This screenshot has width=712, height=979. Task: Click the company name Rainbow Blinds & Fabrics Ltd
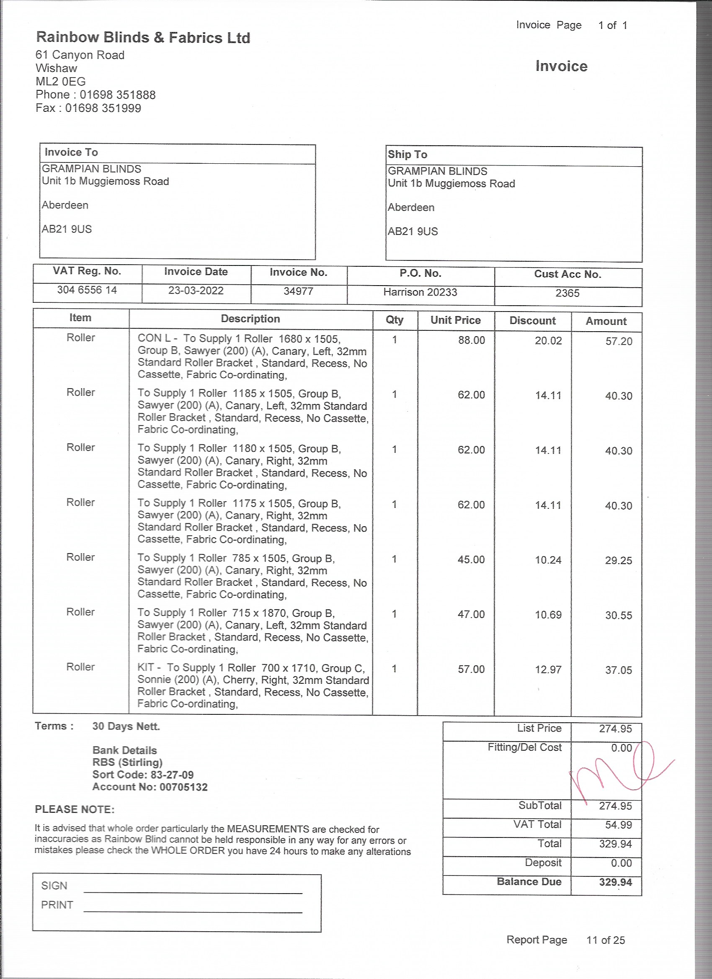[x=143, y=38]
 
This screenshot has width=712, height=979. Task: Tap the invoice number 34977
[x=298, y=291]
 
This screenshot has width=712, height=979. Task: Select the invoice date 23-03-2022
[x=196, y=291]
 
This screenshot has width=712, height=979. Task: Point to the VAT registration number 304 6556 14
[x=87, y=290]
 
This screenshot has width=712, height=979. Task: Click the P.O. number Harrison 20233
[x=420, y=292]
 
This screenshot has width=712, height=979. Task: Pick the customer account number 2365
[x=567, y=294]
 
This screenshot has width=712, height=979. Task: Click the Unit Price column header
[x=455, y=320]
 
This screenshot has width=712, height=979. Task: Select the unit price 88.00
[x=471, y=340]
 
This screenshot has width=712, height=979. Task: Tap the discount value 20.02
[x=548, y=341]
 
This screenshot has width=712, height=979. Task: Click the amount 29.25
[x=618, y=561]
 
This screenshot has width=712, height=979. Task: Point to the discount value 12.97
[x=548, y=670]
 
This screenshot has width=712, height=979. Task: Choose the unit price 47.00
[x=471, y=614]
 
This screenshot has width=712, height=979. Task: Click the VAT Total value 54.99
[x=618, y=825]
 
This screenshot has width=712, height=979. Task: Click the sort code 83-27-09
[x=172, y=775]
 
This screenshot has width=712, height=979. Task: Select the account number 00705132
[x=183, y=787]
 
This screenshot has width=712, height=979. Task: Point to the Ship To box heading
[x=407, y=155]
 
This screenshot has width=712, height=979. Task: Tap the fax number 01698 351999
[x=103, y=108]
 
